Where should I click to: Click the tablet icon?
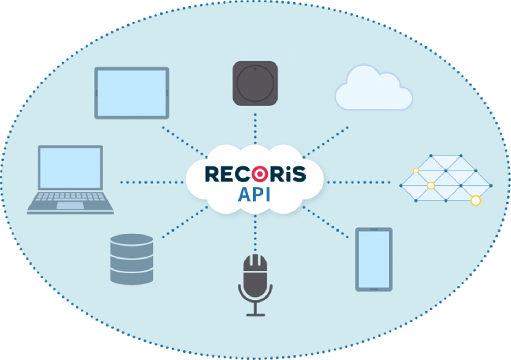[132, 93]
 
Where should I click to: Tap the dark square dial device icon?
[255, 83]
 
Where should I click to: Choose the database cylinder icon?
[132, 259]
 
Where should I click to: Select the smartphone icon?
[374, 259]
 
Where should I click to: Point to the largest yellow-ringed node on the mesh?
[476, 201]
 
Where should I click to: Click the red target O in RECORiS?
[260, 174]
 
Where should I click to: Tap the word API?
[254, 194]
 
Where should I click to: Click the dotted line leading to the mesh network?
[358, 182]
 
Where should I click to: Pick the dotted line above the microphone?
[255, 232]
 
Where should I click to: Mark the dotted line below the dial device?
[255, 128]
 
